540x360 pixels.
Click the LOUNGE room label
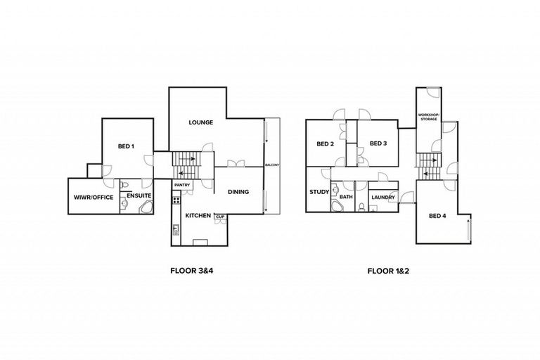click(201, 122)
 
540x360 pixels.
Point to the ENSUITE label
click(139, 195)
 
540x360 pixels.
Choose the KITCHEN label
click(198, 215)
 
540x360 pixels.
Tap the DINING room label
click(240, 191)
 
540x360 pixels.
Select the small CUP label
click(219, 216)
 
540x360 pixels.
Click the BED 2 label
click(324, 144)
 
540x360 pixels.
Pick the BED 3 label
click(378, 143)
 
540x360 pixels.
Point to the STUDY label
click(318, 191)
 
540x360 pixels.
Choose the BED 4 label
click(437, 215)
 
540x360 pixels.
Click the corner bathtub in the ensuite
click(146, 207)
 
